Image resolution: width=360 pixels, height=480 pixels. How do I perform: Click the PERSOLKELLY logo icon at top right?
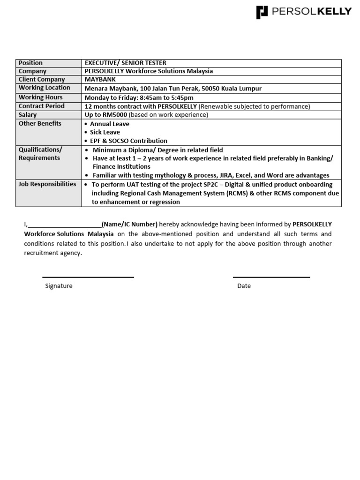coord(262,12)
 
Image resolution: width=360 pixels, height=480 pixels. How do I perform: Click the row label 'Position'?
coord(30,63)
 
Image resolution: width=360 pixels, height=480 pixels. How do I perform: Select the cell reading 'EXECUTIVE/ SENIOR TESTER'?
coord(125,63)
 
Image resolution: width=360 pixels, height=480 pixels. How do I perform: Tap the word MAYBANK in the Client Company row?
coord(100,79)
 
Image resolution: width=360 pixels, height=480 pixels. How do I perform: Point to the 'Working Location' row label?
coord(44,88)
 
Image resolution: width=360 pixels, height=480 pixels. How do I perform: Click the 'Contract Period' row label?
coord(41,106)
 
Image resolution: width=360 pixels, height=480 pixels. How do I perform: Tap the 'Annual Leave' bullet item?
coord(110,124)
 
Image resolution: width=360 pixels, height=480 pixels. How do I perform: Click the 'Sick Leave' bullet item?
coord(105,132)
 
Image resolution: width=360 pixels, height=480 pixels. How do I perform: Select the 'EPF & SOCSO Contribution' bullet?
coord(128,141)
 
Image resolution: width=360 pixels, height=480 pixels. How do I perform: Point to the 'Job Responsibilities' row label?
coord(47,184)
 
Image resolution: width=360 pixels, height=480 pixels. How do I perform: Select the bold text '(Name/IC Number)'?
coord(129,224)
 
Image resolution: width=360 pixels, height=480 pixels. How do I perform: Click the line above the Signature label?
coord(88,277)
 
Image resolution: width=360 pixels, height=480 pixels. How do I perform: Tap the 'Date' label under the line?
coord(244,286)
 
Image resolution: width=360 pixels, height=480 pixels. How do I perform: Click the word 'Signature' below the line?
coord(59,286)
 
